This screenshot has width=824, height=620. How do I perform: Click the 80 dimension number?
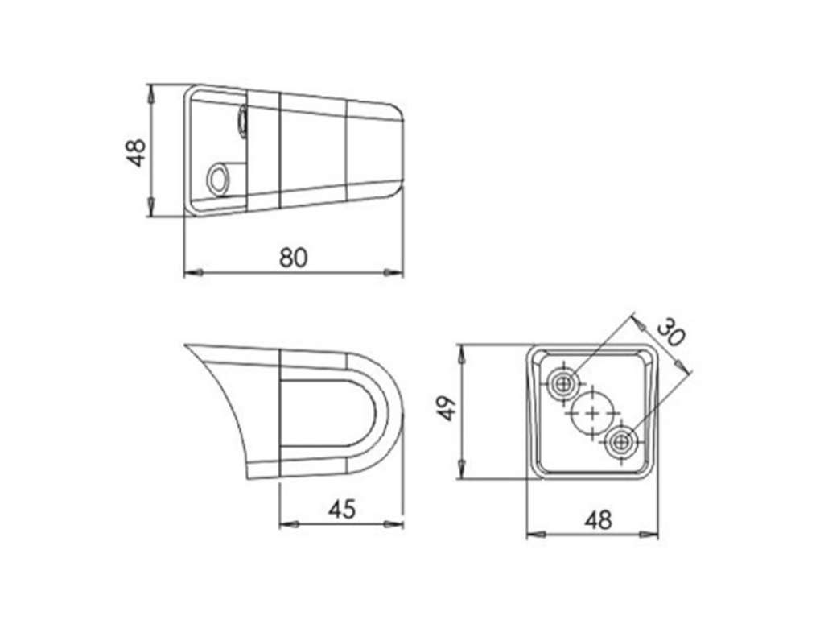(x=293, y=258)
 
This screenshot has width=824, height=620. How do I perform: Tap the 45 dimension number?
(x=342, y=509)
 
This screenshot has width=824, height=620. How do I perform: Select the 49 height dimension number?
(x=447, y=408)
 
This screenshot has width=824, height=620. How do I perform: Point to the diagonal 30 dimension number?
(x=671, y=333)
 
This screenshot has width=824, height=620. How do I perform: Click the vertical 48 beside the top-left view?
(x=137, y=153)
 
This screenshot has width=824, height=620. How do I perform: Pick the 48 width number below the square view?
(x=599, y=521)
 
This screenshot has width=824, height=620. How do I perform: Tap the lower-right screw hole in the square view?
(x=622, y=443)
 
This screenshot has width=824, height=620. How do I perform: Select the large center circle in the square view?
(x=593, y=413)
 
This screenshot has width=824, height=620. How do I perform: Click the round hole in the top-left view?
(x=218, y=180)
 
